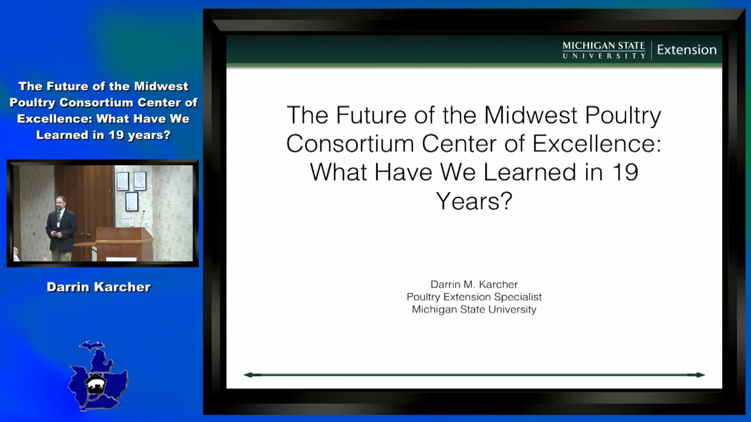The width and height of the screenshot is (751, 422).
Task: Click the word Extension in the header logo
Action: [687, 50]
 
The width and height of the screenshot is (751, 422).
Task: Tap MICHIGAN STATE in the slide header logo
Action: [604, 46]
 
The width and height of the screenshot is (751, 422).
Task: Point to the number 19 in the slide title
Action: [625, 172]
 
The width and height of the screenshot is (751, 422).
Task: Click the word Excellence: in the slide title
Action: [597, 143]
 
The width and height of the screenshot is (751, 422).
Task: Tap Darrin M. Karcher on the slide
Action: [474, 284]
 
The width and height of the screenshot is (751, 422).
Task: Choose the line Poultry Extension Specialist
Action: [474, 297]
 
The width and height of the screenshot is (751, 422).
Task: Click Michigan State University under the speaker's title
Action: [474, 309]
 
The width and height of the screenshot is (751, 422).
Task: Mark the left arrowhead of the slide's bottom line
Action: [248, 375]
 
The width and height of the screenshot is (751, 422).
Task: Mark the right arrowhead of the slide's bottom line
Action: [700, 375]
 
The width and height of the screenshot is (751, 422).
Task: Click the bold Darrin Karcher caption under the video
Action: [99, 287]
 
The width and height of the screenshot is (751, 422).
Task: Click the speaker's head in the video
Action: [61, 203]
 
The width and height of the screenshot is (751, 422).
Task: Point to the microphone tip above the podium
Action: [144, 212]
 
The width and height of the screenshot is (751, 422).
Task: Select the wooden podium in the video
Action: [124, 244]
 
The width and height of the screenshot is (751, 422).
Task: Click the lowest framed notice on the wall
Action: [132, 202]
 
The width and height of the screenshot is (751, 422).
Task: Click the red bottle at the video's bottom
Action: [45, 258]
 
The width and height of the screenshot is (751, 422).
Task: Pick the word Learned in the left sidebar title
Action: [63, 135]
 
